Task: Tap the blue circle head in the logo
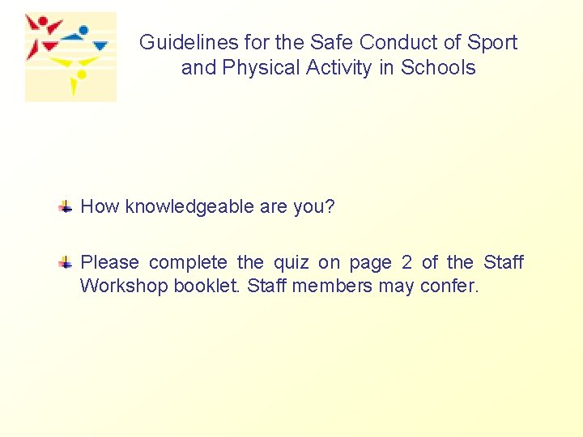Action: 83,30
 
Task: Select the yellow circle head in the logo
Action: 79,74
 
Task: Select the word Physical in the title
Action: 255,67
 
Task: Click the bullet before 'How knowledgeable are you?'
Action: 66,207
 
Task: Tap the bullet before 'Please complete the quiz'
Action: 66,263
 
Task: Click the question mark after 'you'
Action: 330,206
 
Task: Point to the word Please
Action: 109,262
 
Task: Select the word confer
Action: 449,286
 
